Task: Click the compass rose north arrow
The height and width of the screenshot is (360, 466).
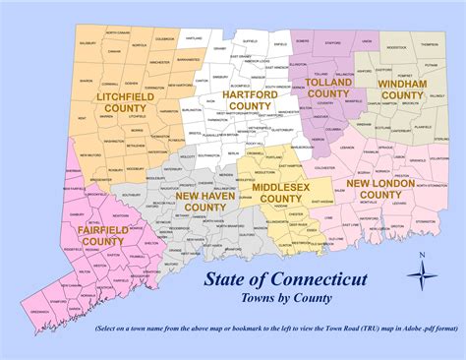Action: pos(420,271)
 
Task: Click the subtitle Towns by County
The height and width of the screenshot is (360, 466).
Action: pos(286,297)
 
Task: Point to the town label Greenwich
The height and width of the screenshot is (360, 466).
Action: pos(41,312)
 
